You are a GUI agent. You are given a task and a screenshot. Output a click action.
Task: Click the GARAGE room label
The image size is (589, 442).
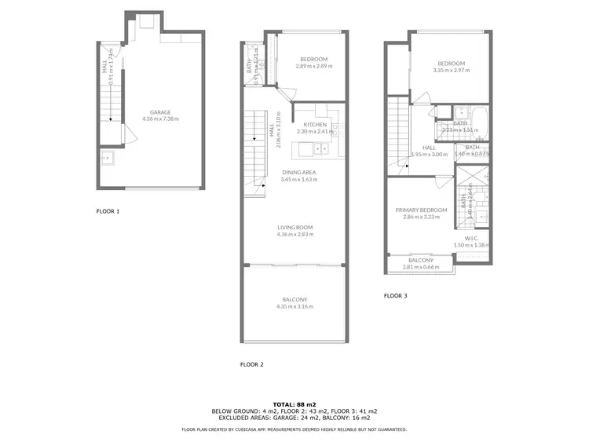pos(160,112)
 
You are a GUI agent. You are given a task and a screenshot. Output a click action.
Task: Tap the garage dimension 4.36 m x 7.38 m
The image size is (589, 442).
pos(160,119)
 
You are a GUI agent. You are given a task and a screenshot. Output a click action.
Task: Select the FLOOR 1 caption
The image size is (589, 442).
pos(108,212)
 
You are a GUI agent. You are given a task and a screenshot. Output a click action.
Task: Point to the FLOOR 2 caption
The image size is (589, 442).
pos(251,365)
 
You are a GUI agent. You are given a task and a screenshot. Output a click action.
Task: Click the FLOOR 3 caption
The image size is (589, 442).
pos(395,296)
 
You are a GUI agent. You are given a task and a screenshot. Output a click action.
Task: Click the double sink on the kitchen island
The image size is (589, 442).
pos(320,147)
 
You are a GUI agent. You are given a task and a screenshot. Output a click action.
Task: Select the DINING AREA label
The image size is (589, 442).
pos(299,172)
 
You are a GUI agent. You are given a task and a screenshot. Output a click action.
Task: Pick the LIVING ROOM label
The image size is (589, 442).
pos(294,227)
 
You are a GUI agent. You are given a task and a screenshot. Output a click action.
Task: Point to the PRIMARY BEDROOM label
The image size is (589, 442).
pos(421,210)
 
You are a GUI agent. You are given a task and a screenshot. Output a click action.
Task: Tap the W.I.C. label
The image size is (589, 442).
pos(471,239)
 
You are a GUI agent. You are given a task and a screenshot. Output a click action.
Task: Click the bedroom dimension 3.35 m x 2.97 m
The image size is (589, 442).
pos(451,71)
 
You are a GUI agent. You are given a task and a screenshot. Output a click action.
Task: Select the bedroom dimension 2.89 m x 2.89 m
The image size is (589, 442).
pos(313,66)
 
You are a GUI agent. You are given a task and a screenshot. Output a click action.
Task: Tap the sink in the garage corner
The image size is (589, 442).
pos(108,159)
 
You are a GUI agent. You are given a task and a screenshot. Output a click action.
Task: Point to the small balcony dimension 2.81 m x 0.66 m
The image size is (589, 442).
pos(420,267)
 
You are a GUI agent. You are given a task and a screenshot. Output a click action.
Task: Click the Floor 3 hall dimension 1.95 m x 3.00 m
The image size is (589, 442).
pos(430,155)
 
